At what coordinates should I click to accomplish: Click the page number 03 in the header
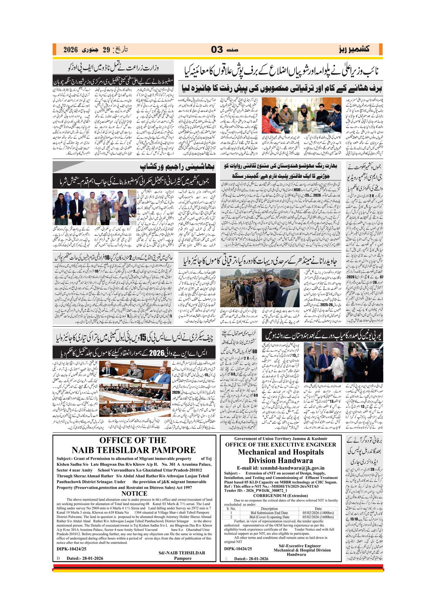[x=217, y=50]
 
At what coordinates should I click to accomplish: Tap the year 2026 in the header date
[x=70, y=50]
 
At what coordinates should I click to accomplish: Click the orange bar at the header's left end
[x=54, y=50]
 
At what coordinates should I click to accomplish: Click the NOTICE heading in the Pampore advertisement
[x=134, y=493]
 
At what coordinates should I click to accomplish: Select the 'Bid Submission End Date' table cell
[x=269, y=513]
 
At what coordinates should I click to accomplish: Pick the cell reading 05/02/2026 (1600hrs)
[x=318, y=517]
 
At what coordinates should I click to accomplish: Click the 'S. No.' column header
[x=231, y=508]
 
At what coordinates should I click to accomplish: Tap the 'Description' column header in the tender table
[x=269, y=508]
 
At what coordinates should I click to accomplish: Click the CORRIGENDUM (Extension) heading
[x=280, y=495]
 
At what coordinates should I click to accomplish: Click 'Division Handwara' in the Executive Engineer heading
[x=280, y=460]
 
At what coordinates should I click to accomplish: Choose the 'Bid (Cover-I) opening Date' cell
[x=269, y=517]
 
